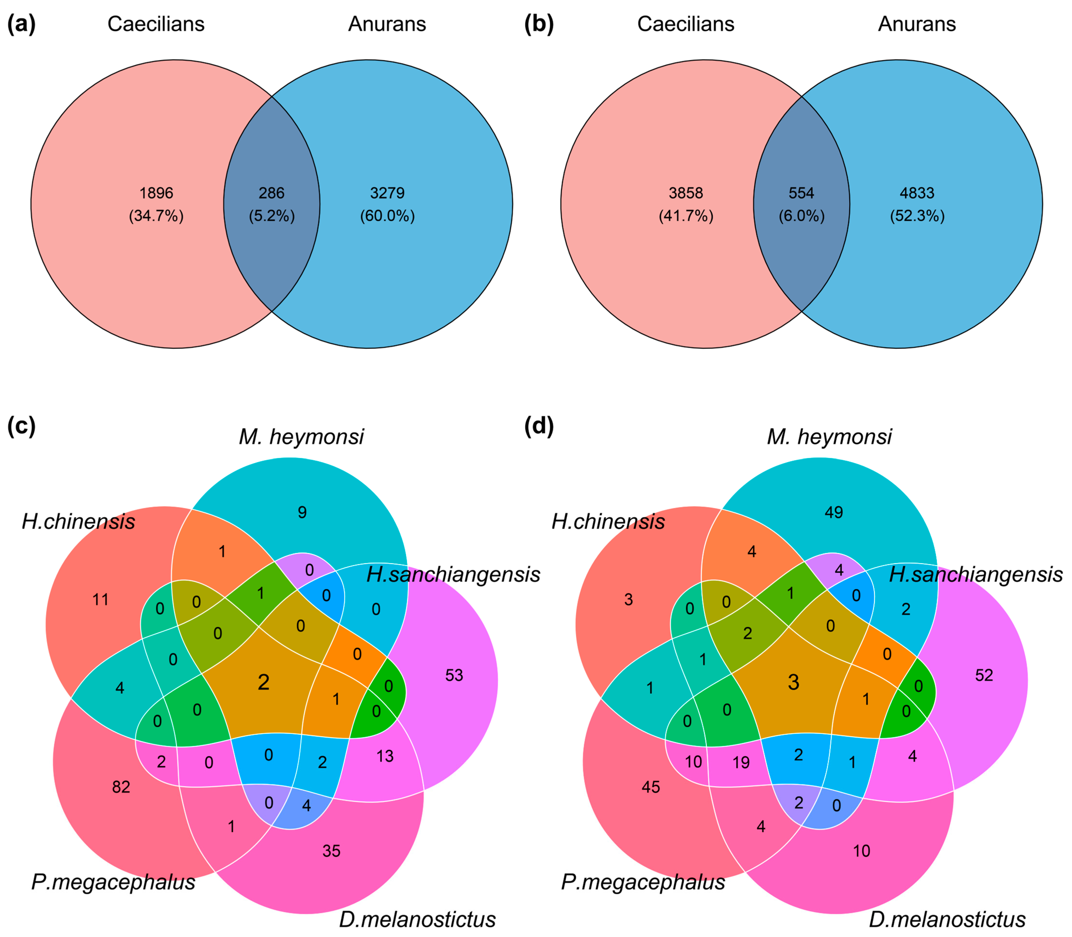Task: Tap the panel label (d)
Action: click(539, 426)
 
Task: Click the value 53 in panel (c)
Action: click(454, 675)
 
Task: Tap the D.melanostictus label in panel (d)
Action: click(947, 919)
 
